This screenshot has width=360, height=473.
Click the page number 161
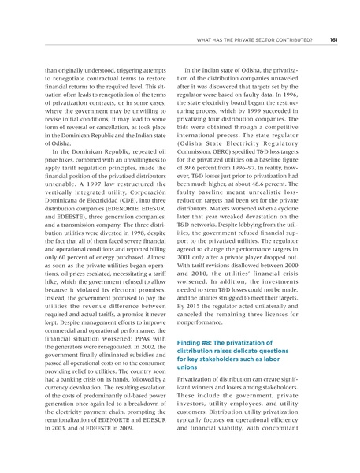pyautogui.click(x=334, y=40)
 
